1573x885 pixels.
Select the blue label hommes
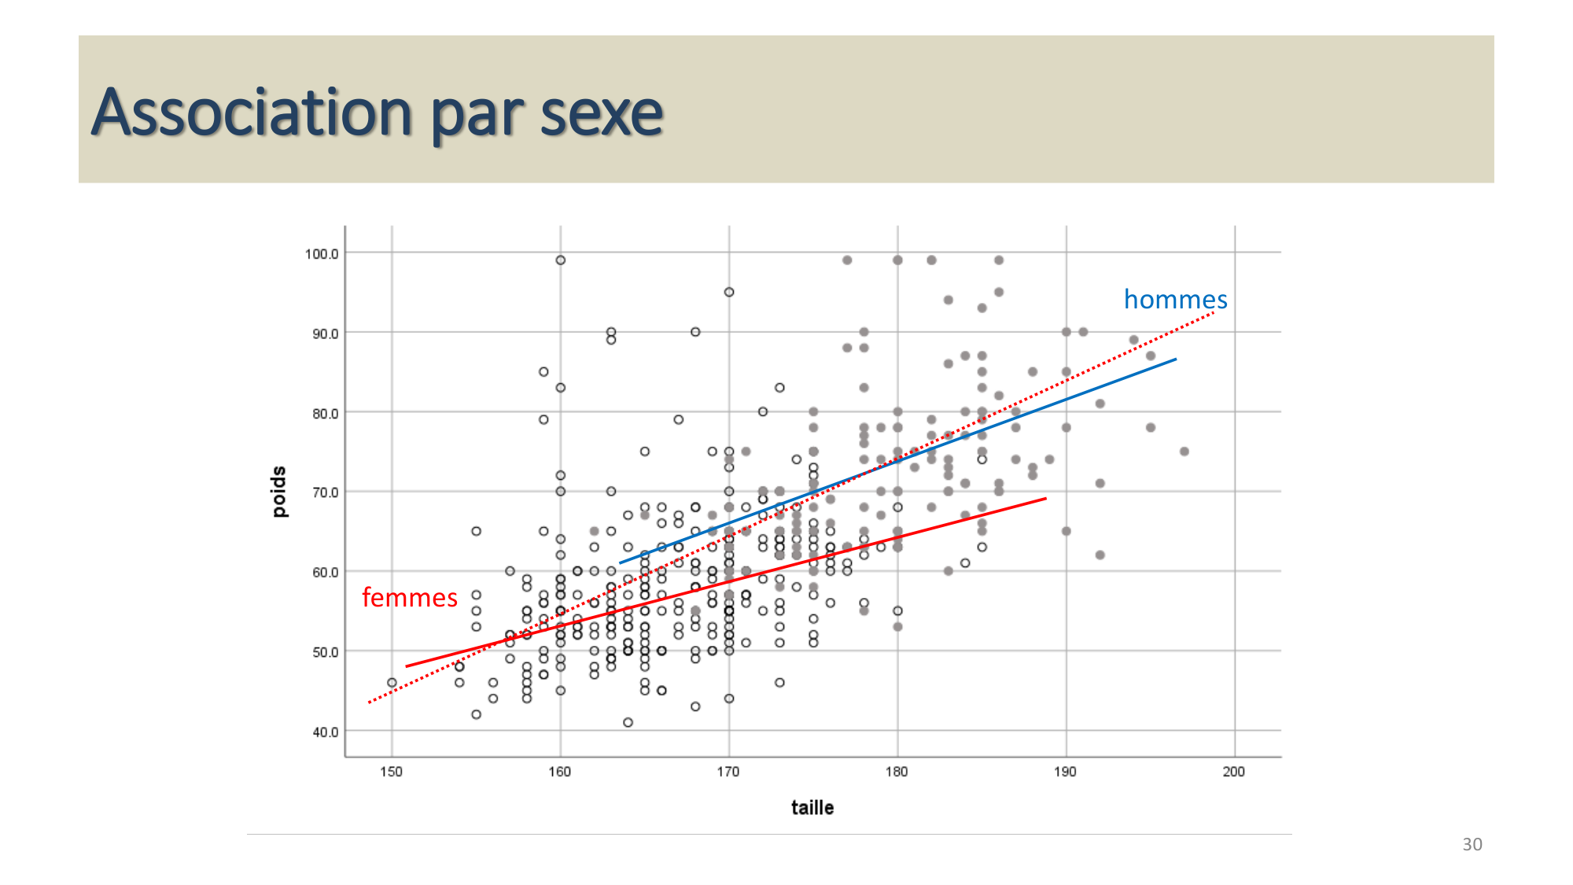click(x=1175, y=300)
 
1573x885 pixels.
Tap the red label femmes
click(x=409, y=598)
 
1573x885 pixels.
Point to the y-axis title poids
click(x=279, y=492)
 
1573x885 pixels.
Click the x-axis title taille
click(x=812, y=808)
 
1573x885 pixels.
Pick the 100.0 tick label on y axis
click(x=322, y=254)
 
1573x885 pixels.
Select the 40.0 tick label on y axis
click(x=325, y=732)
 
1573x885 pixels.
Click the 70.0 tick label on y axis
click(x=325, y=493)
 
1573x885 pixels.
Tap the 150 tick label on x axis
click(x=391, y=772)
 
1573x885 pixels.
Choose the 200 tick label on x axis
click(x=1233, y=772)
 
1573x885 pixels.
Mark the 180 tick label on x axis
click(x=897, y=772)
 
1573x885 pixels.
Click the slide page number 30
click(x=1472, y=844)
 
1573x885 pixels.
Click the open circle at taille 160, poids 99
click(x=560, y=260)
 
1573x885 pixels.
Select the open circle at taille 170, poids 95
click(x=729, y=292)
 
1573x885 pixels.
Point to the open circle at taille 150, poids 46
click(x=392, y=683)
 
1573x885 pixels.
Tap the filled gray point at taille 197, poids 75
click(x=1184, y=452)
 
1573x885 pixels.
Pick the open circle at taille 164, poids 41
click(x=628, y=722)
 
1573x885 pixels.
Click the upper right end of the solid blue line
click(x=1175, y=360)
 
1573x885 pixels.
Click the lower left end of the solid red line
click(x=407, y=666)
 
